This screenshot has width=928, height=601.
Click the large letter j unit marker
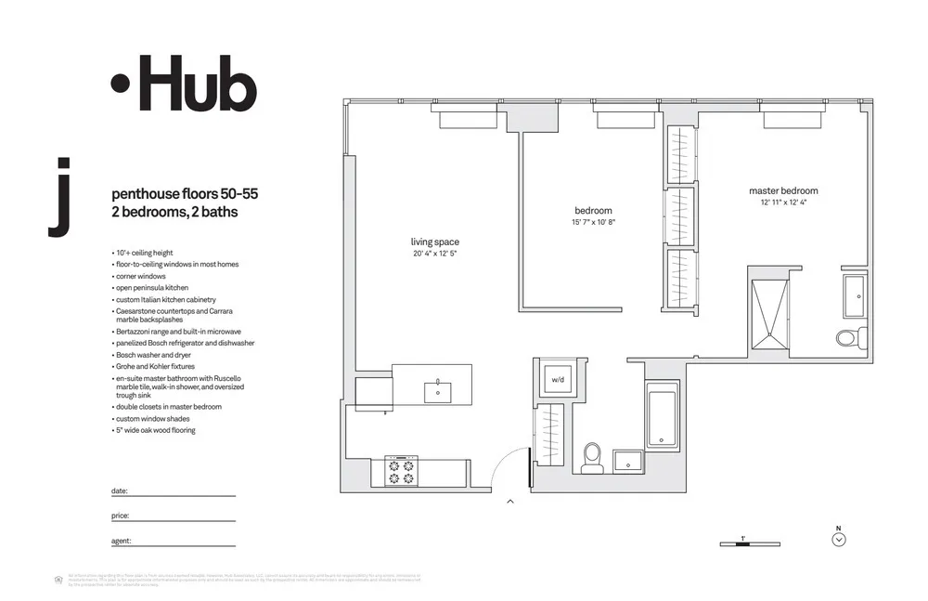point(59,198)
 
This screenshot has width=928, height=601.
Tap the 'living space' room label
point(434,242)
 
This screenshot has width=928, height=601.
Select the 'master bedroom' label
point(783,191)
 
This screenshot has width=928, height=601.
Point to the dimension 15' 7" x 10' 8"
point(594,223)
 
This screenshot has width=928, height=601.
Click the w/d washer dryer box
point(558,380)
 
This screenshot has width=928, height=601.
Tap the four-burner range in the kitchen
point(401,471)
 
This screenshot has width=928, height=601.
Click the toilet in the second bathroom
point(591,456)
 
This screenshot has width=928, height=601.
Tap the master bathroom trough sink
point(854,296)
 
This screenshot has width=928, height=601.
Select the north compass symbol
point(839,539)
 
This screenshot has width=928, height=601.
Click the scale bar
point(750,543)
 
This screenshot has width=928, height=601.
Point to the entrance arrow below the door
point(509,503)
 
